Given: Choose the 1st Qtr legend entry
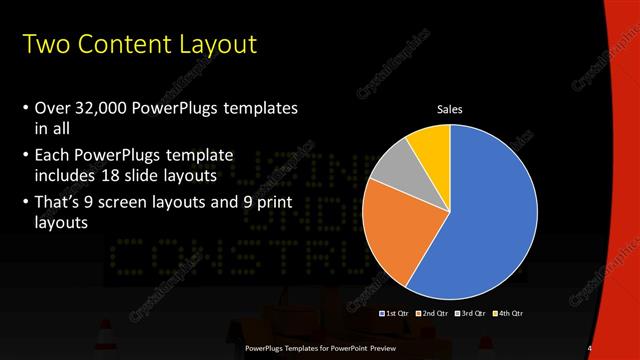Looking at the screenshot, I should coord(394,314).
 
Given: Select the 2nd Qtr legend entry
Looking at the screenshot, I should coord(432,314).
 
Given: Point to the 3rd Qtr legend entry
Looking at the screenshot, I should coord(470,314).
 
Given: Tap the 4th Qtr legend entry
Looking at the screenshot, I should coord(507,314).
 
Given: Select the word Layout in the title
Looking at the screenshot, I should coord(217,45).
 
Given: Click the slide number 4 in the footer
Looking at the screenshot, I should coord(590,348).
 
